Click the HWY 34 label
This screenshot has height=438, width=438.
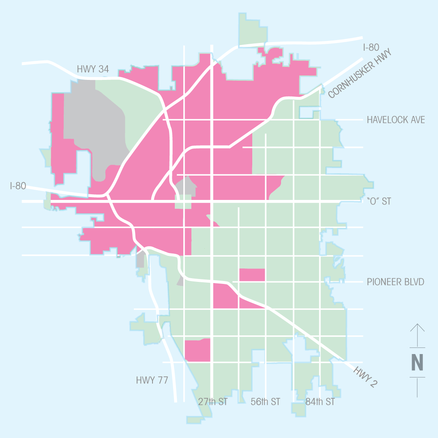click(x=93, y=69)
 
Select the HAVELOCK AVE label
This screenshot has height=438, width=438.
click(x=396, y=120)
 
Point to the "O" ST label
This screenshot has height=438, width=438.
click(x=379, y=202)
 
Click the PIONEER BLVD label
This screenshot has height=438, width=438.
click(x=395, y=282)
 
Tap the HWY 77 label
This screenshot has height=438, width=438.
click(x=152, y=380)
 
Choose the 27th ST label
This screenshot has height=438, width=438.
click(x=213, y=402)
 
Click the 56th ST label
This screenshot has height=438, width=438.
click(x=265, y=402)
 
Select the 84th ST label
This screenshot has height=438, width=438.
click(x=320, y=402)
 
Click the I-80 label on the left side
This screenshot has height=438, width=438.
click(x=18, y=186)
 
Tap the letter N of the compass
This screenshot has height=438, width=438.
click(x=417, y=363)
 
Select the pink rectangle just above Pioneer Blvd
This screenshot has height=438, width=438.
click(x=252, y=275)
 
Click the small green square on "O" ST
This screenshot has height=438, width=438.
click(x=183, y=202)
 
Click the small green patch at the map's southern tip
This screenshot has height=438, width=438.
click(x=199, y=419)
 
